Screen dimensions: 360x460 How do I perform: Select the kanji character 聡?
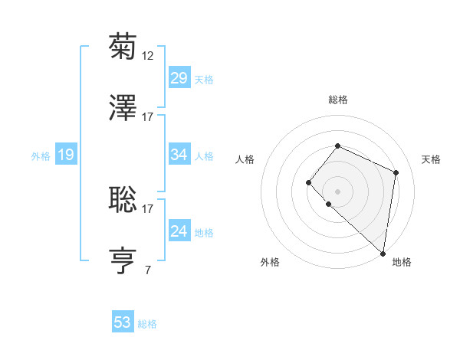tap(123, 199)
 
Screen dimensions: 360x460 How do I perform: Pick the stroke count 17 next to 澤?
tap(148, 117)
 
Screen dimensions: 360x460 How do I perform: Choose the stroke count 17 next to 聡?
tap(148, 208)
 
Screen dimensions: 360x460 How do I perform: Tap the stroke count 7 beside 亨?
tap(147, 270)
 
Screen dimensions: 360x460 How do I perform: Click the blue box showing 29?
tap(179, 78)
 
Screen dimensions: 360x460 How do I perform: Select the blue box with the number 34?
tap(179, 155)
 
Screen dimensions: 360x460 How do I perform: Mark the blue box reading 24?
tap(179, 231)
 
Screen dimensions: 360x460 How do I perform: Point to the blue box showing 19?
tap(65, 155)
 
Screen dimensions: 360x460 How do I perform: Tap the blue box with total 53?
tap(122, 322)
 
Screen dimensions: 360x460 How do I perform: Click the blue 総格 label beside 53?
tap(147, 324)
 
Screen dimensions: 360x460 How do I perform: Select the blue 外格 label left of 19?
tap(41, 156)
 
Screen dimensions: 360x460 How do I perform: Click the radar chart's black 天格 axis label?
tap(431, 159)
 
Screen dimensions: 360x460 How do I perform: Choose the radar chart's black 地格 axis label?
tap(402, 262)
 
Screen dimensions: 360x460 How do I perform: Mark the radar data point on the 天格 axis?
tap(396, 172)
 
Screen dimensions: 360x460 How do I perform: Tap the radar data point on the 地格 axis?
tap(383, 254)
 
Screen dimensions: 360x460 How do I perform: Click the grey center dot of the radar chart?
tap(337, 191)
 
